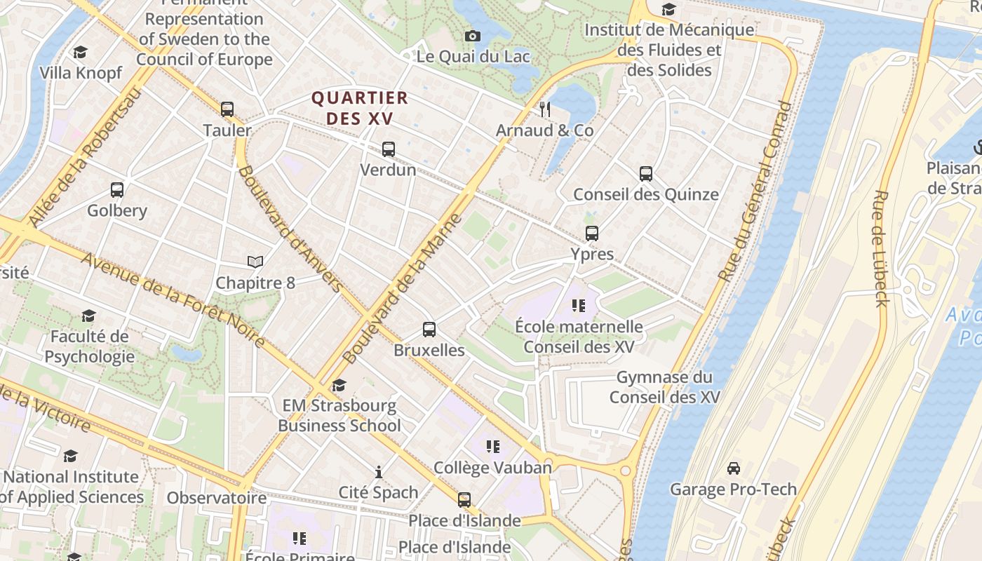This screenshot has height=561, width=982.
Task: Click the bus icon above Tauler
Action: [x=227, y=109]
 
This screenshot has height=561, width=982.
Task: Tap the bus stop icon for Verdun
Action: [x=389, y=149]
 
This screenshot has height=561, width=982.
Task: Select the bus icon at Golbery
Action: [x=117, y=189]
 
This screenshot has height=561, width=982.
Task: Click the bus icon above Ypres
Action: [x=592, y=234]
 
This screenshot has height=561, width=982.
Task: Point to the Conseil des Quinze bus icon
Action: [x=646, y=173]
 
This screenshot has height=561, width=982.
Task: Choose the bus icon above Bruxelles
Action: [x=429, y=329]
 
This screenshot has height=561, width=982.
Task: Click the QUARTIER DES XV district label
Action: [x=360, y=108]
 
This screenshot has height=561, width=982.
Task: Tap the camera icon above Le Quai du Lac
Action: [x=473, y=36]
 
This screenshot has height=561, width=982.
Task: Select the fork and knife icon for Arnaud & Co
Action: [x=545, y=109]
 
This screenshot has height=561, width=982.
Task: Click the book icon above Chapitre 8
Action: [x=255, y=262]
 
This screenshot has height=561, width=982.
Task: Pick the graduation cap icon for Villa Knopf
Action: [x=81, y=53]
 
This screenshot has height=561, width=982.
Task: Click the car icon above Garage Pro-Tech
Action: [x=734, y=468]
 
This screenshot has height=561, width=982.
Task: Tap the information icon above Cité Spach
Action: [x=379, y=471]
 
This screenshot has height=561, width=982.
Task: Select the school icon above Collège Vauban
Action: [x=493, y=446]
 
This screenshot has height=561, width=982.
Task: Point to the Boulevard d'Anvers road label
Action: [x=290, y=229]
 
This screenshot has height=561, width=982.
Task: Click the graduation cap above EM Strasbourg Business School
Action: [x=339, y=385]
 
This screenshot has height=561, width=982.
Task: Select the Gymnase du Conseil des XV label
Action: [x=664, y=387]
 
